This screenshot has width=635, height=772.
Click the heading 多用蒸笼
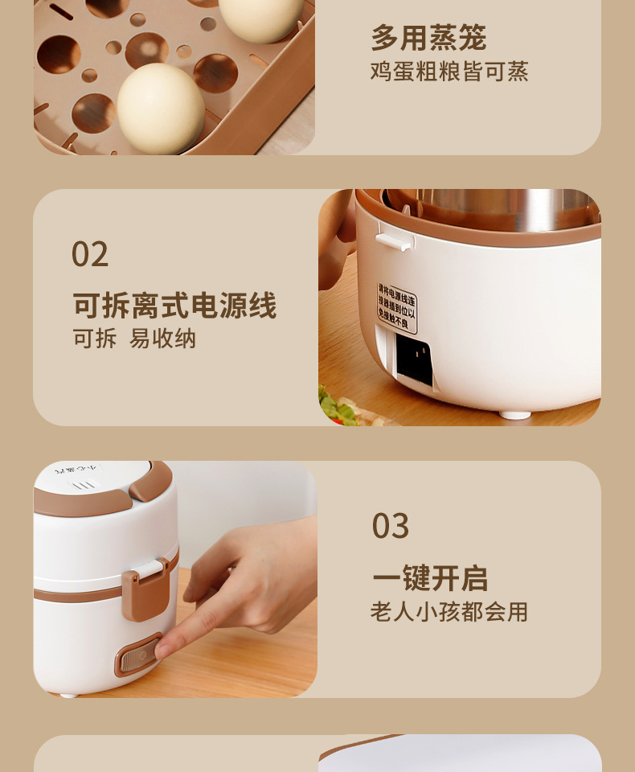(428, 38)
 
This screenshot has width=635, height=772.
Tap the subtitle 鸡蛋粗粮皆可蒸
(449, 72)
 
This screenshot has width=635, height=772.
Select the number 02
(89, 255)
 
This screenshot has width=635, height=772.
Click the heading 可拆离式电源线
(174, 306)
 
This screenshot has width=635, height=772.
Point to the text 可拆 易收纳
(134, 339)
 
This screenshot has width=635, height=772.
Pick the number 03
(390, 527)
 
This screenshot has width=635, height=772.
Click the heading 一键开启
(429, 578)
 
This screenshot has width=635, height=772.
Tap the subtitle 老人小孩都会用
(449, 612)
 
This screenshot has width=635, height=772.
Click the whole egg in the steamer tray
(160, 109)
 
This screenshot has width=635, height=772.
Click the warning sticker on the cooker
(397, 307)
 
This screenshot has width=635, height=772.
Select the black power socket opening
(415, 359)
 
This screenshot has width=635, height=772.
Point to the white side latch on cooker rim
(392, 241)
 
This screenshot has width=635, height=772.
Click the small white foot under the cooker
(514, 414)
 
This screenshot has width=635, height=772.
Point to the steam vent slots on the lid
(84, 485)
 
